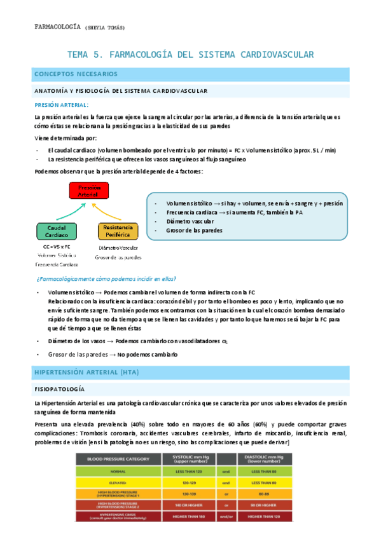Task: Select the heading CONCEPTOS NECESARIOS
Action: [76, 74]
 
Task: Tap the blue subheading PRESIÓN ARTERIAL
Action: [61, 105]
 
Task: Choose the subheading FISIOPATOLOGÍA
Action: [63, 388]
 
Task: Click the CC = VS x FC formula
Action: [57, 245]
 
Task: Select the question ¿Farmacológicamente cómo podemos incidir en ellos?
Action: [106, 279]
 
